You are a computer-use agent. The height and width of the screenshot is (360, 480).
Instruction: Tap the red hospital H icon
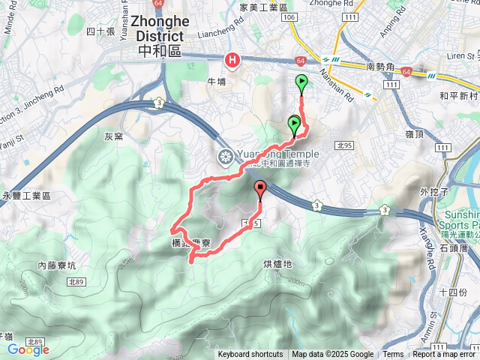click(232, 60)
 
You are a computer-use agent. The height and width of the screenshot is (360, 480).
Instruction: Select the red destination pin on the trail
click(260, 189)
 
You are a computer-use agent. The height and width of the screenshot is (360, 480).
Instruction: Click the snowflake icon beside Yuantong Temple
click(224, 157)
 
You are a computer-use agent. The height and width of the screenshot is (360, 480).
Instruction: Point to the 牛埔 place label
click(217, 83)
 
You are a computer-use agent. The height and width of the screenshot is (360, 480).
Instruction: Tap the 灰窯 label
click(113, 136)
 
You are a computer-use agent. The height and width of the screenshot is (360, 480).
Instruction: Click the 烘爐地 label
click(278, 264)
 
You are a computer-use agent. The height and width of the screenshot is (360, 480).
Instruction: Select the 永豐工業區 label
click(26, 195)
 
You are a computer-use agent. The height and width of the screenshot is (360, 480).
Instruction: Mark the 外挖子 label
click(434, 191)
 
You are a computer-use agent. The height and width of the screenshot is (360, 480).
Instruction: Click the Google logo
click(28, 349)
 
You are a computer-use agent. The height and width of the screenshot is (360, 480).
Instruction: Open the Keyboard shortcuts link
click(250, 355)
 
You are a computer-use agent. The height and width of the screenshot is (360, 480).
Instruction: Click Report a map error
click(445, 355)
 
